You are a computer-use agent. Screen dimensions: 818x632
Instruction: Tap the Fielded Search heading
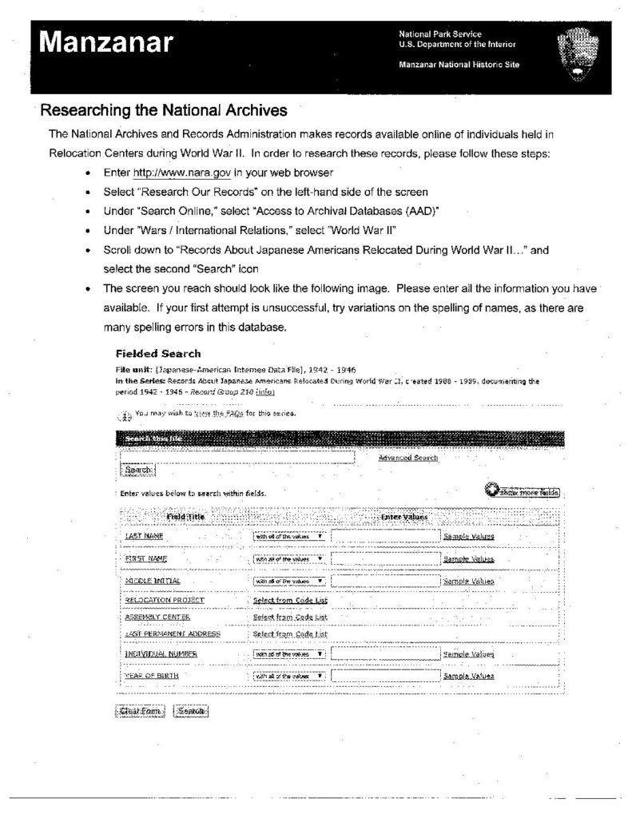(x=158, y=353)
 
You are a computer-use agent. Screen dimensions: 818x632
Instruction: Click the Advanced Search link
(x=407, y=458)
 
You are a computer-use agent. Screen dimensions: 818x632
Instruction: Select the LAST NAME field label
(x=144, y=537)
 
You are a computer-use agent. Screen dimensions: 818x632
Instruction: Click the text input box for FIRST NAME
(x=385, y=558)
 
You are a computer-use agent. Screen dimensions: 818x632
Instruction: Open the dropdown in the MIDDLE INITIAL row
(x=289, y=581)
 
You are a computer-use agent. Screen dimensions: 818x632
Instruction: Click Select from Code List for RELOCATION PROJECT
(x=290, y=600)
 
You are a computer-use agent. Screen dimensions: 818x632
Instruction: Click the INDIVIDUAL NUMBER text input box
(x=385, y=654)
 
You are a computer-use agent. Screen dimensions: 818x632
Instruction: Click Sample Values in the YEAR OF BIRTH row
(x=468, y=676)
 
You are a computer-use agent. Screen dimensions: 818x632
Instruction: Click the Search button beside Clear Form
(x=190, y=711)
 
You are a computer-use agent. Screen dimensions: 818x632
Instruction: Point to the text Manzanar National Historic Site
(x=459, y=65)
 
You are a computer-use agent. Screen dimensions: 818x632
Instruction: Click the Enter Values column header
(x=404, y=517)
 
